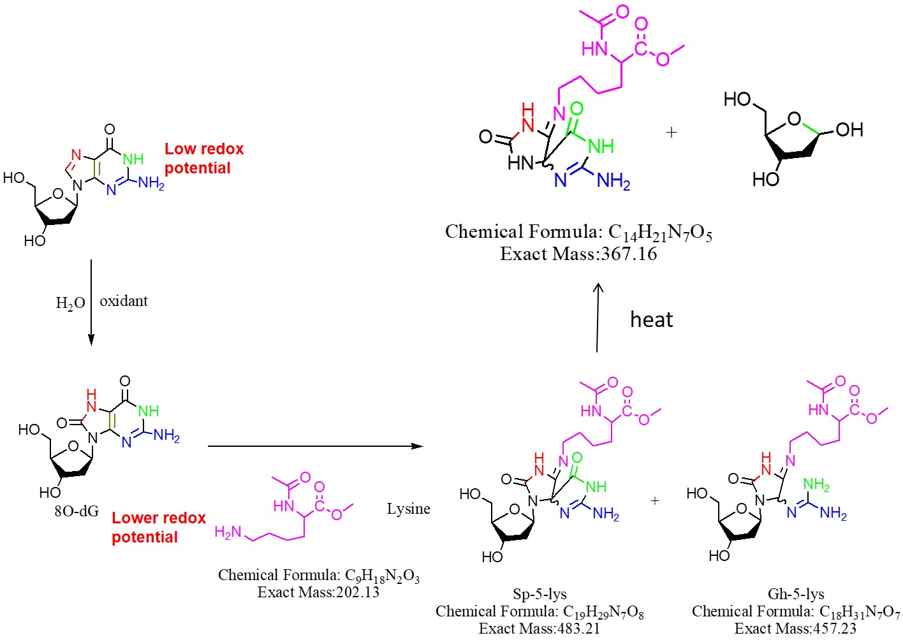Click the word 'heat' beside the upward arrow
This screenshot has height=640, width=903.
click(x=651, y=319)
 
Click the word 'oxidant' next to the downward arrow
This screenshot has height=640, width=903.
click(x=124, y=301)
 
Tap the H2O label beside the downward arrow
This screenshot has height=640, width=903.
click(x=70, y=303)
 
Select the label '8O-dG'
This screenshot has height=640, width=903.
click(x=77, y=511)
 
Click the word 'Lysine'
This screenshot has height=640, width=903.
click(x=408, y=509)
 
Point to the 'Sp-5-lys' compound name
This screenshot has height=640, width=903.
click(x=540, y=594)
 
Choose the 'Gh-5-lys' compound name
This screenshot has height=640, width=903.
click(x=796, y=594)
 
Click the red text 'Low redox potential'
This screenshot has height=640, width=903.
click(x=204, y=158)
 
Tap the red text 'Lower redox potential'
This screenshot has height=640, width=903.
click(x=159, y=527)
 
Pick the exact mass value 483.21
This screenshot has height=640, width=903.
click(x=571, y=629)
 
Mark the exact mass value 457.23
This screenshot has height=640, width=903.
click(x=827, y=629)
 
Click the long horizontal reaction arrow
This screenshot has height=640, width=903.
click(x=316, y=446)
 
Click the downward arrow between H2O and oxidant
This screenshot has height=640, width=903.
click(x=91, y=302)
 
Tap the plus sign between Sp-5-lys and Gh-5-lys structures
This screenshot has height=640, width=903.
click(x=655, y=501)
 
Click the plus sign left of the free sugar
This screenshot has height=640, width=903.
click(x=671, y=133)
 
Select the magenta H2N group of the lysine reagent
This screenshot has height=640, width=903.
click(x=228, y=532)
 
